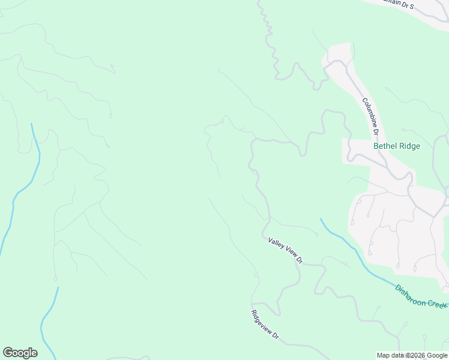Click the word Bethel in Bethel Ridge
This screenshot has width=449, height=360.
click(x=385, y=146)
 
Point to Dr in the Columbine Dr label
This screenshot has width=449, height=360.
click(x=376, y=130)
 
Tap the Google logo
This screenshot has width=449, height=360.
click(x=20, y=353)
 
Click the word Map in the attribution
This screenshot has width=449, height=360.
click(x=383, y=355)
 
